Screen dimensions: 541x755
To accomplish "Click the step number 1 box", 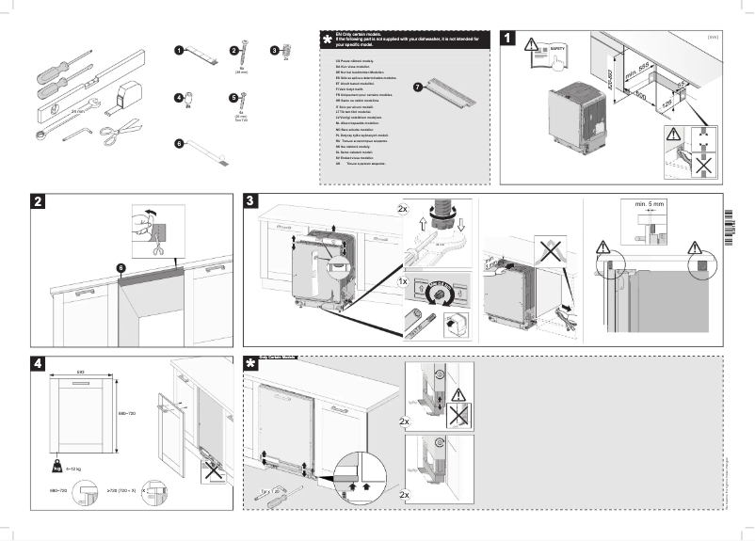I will point(509,40).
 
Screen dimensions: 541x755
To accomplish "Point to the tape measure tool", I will point(126,90).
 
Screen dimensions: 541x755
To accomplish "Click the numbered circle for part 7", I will point(417,88).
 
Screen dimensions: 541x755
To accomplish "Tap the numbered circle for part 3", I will point(275,49).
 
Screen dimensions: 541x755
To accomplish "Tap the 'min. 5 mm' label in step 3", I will point(644,204).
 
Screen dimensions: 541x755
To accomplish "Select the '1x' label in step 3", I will point(402,281).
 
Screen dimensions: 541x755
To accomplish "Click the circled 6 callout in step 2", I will point(120,268).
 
